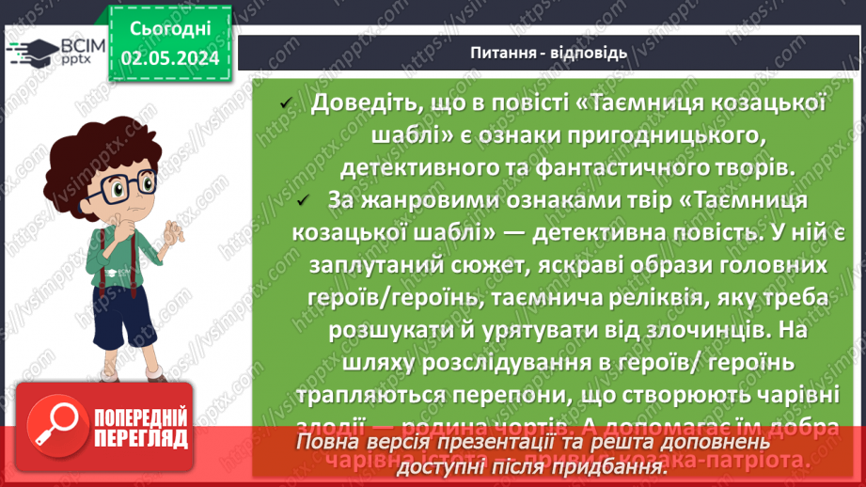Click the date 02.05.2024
(169, 58)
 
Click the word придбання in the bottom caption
(595, 467)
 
